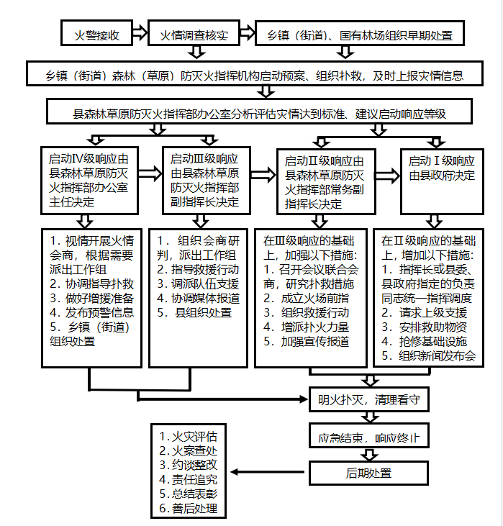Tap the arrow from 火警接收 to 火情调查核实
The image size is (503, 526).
click(x=140, y=32)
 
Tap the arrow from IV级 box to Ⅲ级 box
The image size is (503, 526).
click(x=150, y=173)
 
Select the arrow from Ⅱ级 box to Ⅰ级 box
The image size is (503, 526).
click(x=388, y=176)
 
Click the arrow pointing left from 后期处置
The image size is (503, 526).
click(x=267, y=472)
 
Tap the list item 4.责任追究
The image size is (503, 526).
click(x=189, y=479)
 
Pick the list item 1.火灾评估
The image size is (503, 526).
click(x=189, y=437)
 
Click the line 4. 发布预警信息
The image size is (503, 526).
click(x=91, y=312)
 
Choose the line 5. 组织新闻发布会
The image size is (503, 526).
click(x=428, y=355)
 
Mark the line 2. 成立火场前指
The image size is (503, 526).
click(x=306, y=298)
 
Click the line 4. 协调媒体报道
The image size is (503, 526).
click(x=199, y=298)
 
